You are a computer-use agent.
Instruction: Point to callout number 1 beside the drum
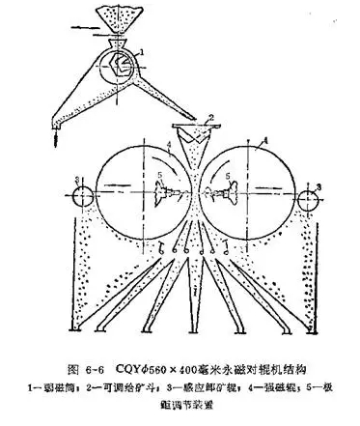tap(142, 48)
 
